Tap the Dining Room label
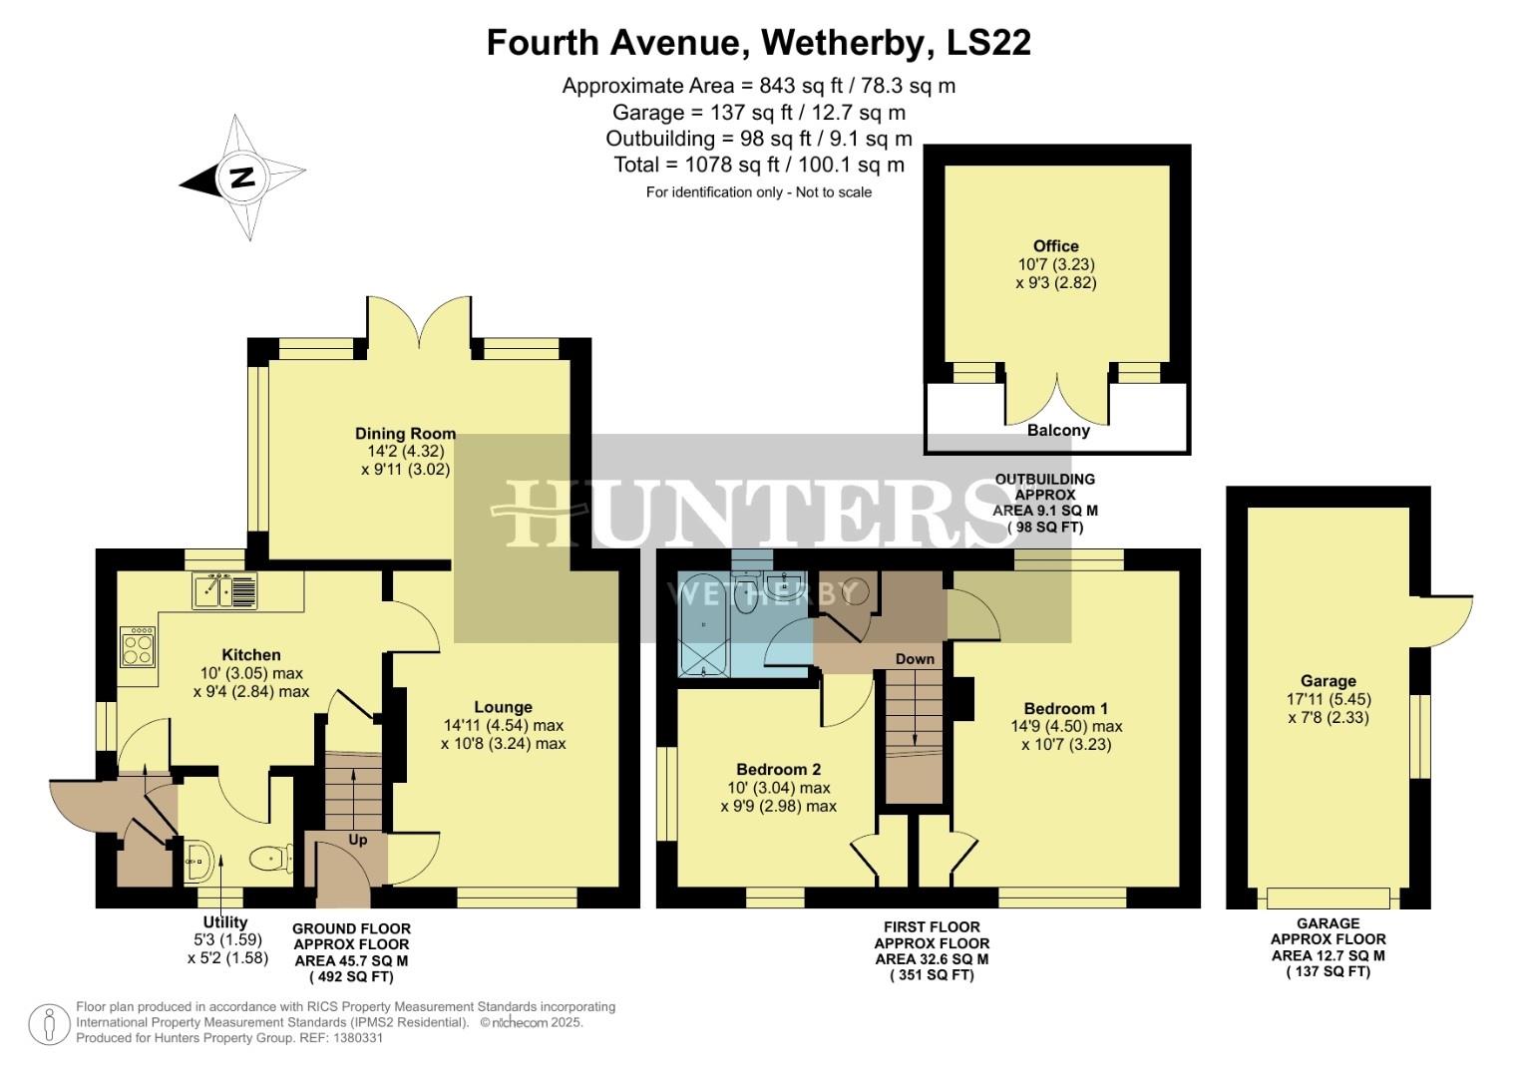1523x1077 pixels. coord(405,433)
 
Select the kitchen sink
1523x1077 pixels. coord(223,590)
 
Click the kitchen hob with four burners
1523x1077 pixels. coord(138,646)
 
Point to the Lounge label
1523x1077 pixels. coord(503,707)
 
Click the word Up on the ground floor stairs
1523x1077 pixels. coord(358,840)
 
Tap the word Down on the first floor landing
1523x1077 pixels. coord(915,658)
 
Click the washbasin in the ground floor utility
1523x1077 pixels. coord(197,857)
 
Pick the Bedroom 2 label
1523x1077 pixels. coord(778,769)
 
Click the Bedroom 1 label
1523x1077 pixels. coord(1065,708)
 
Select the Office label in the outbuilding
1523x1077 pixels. coord(1056,245)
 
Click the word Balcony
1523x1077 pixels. coord(1058,431)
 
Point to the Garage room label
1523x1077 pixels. coord(1328,680)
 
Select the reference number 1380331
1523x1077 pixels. coord(356,1038)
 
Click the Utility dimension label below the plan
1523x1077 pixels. coord(224,922)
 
